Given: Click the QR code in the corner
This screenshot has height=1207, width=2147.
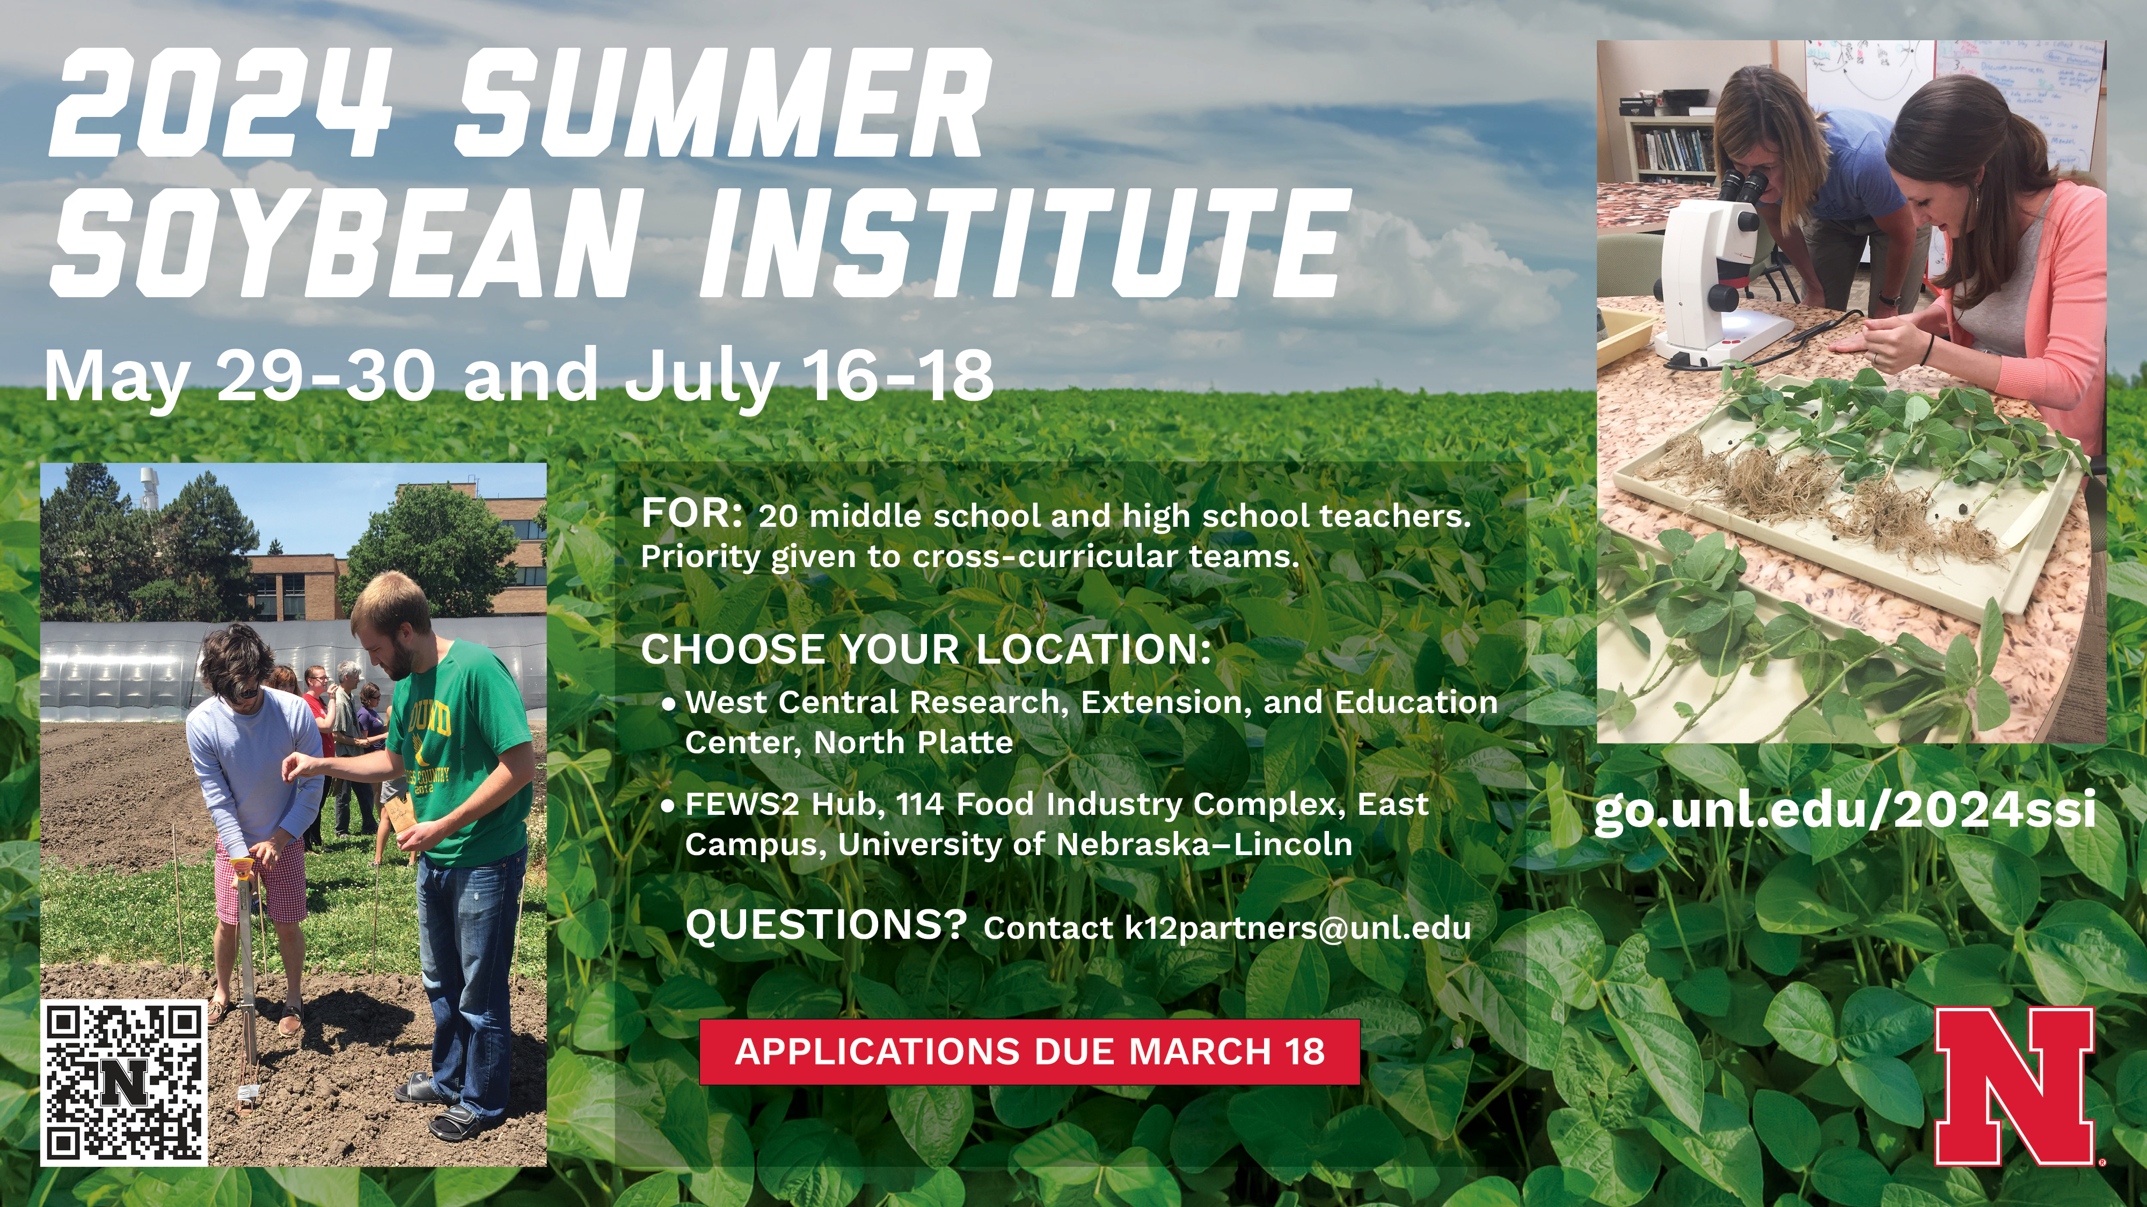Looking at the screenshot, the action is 123,1082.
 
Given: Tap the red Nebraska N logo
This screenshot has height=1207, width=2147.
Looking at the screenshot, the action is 2014,1085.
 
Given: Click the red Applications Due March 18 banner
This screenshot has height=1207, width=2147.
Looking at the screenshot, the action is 1029,1051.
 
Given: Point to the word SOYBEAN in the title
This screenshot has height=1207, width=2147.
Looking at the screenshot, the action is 346,242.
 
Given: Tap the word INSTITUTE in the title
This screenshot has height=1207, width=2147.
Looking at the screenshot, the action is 1019,242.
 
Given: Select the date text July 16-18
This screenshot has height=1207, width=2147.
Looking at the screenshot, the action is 808,377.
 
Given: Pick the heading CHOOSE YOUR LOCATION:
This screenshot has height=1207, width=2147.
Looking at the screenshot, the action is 926,649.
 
